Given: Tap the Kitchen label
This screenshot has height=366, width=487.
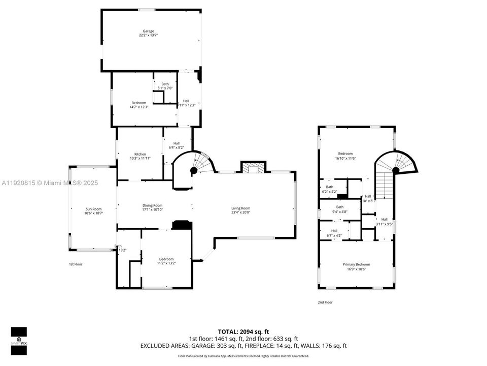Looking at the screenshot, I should click(x=140, y=154).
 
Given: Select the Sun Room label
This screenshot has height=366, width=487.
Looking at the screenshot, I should click(x=93, y=209).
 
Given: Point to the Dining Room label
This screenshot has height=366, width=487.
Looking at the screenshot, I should click(x=152, y=205).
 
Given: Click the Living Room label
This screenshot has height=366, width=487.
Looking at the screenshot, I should click(x=241, y=208).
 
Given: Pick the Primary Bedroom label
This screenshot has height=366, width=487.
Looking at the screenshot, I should click(x=356, y=264).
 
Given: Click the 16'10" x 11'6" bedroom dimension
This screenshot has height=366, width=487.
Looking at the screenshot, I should click(x=345, y=159).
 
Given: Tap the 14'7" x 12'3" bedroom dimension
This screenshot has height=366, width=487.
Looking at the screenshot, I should click(x=139, y=108).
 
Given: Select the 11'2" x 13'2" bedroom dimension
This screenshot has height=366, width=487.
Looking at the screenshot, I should click(x=166, y=264).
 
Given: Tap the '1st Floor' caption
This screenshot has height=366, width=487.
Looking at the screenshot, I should click(x=76, y=264).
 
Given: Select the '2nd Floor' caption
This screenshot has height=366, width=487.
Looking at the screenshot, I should click(x=325, y=302).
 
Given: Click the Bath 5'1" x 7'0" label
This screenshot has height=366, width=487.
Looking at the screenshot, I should click(x=165, y=86).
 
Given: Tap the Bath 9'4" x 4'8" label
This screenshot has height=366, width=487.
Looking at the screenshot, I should click(x=339, y=209).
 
